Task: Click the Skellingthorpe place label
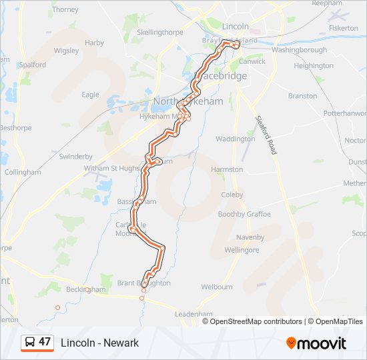click(159, 31)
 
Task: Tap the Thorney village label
click(65, 10)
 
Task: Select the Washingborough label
click(299, 50)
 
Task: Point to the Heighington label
click(314, 66)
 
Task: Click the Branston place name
click(302, 96)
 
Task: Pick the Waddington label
click(235, 139)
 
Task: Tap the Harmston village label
click(227, 169)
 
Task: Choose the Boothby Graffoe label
click(244, 215)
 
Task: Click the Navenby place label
click(250, 237)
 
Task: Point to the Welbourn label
click(217, 287)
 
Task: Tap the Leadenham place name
click(194, 313)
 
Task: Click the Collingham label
click(23, 172)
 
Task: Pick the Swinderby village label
click(75, 157)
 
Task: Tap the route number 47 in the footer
click(45, 342)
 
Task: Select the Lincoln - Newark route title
click(99, 343)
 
